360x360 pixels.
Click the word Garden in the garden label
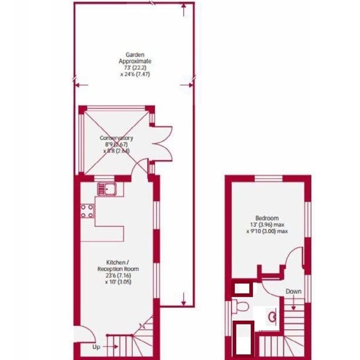(x=131, y=55)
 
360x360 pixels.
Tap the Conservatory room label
(x=116, y=139)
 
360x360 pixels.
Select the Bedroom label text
(x=267, y=218)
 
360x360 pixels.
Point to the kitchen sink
(x=108, y=188)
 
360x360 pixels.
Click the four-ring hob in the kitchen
(x=88, y=211)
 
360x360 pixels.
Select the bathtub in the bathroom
(x=244, y=339)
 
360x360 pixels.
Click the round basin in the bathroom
(x=273, y=317)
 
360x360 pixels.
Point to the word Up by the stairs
(x=96, y=347)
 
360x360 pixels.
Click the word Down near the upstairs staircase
(x=293, y=292)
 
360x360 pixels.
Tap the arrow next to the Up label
(x=112, y=347)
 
